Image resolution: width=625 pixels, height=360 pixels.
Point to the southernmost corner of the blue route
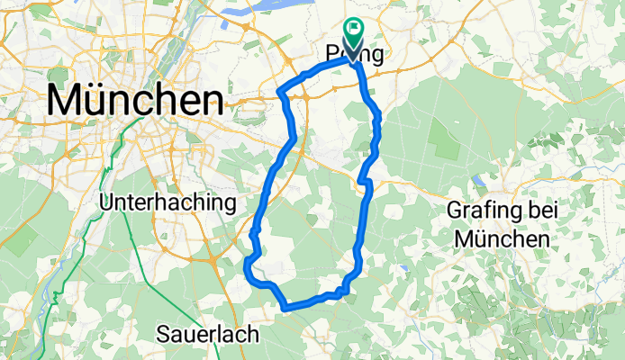point(286,309)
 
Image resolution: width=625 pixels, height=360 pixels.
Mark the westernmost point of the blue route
point(246,262)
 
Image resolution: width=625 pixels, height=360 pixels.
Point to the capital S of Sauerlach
point(163,335)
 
